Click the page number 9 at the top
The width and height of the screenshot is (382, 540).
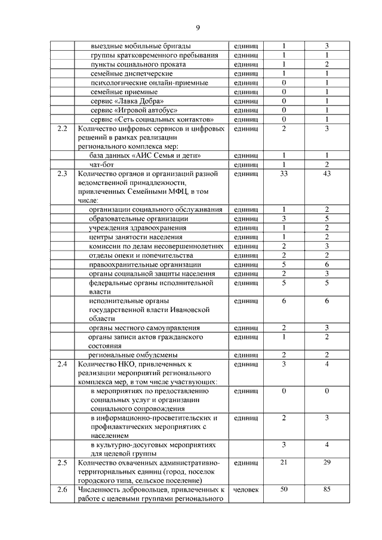(x=198, y=27)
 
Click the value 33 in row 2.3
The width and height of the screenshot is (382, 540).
(x=284, y=174)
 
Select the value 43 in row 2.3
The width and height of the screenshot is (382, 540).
(x=326, y=174)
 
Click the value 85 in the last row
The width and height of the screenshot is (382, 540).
(x=326, y=490)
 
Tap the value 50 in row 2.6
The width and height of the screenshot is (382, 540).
(x=284, y=490)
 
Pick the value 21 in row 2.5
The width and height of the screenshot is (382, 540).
(x=284, y=462)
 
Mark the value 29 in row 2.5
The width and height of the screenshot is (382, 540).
(x=326, y=462)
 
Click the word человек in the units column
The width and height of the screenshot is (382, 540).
(x=246, y=490)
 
